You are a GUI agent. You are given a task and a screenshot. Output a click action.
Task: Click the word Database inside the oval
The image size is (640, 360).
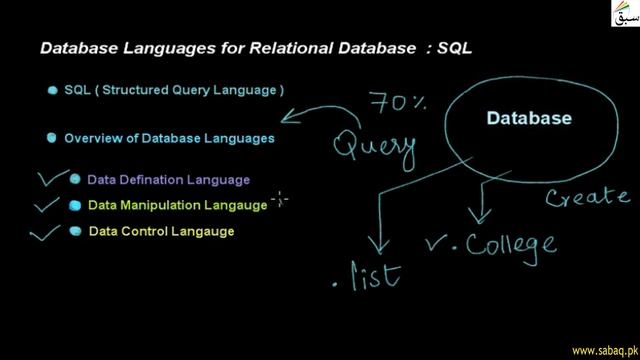(529, 119)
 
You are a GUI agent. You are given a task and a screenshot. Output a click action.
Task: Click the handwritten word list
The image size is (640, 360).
(375, 274)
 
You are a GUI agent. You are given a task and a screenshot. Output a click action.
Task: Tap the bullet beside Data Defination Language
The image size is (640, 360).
(74, 181)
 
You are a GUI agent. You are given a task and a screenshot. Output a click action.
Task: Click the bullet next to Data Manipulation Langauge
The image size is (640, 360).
(75, 206)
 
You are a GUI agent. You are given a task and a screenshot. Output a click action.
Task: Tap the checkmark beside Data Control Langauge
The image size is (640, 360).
(47, 234)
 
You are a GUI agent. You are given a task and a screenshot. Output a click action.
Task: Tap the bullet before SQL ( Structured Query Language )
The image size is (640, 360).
(52, 91)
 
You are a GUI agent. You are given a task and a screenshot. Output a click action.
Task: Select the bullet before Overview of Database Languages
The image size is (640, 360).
(52, 139)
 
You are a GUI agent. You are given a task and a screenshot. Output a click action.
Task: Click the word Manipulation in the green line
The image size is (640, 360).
(160, 206)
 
